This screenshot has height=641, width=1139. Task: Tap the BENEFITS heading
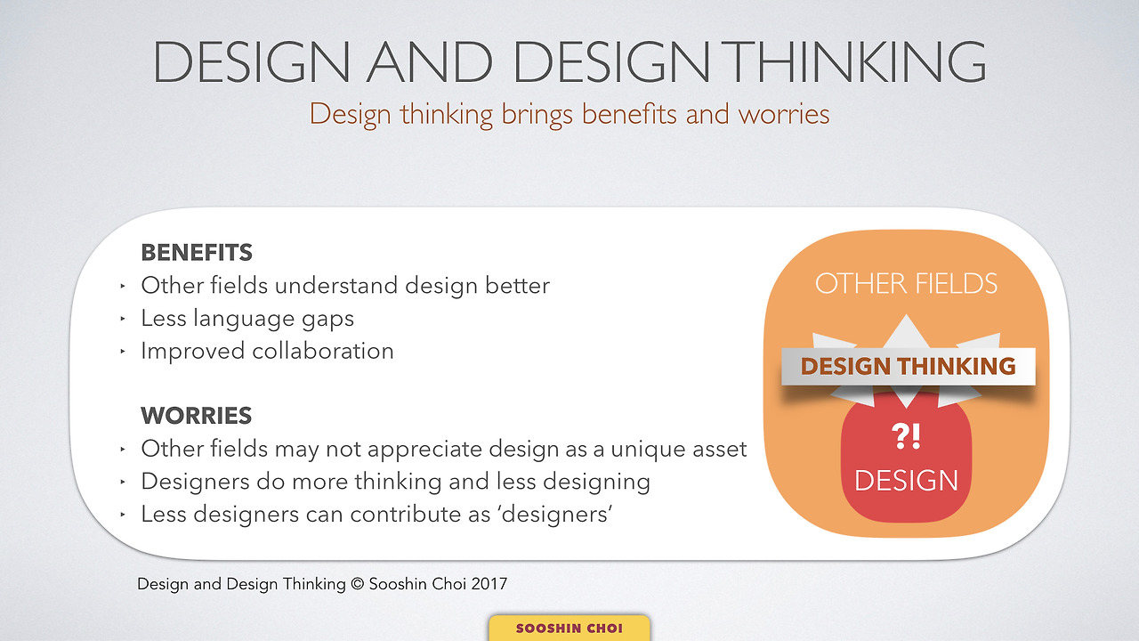click(197, 253)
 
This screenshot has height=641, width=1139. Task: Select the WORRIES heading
click(196, 416)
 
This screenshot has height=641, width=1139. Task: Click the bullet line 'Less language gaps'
click(247, 319)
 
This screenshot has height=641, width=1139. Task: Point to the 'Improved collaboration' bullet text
click(267, 351)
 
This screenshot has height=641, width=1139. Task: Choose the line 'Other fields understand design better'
click(345, 286)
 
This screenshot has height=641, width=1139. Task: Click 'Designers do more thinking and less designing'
click(395, 482)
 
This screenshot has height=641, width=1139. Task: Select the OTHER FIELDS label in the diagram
click(906, 284)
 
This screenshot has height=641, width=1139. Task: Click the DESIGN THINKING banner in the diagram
click(908, 366)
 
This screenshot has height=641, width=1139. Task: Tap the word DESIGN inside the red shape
click(906, 481)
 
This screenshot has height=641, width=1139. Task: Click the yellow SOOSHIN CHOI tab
click(569, 629)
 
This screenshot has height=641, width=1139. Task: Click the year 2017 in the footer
click(488, 585)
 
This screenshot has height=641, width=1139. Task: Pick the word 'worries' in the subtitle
click(783, 115)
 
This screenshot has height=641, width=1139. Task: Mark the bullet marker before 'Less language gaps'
click(122, 320)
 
